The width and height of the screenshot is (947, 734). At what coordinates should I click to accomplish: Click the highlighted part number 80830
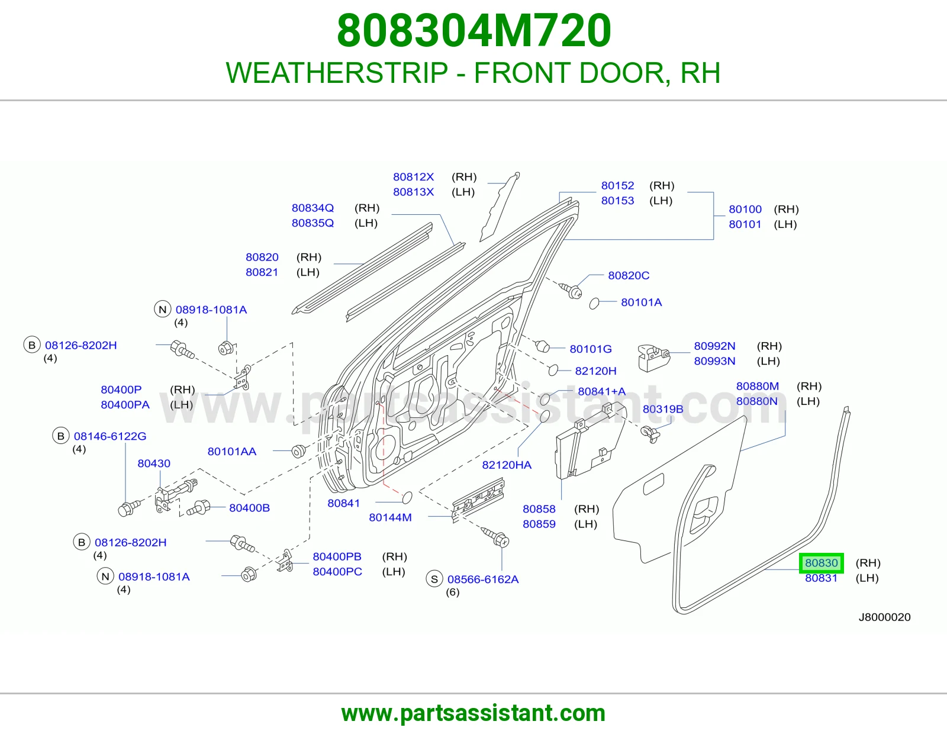(821, 563)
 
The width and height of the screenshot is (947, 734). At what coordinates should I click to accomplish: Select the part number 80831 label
(821, 578)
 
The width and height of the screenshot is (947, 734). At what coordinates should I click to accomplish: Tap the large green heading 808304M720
(474, 31)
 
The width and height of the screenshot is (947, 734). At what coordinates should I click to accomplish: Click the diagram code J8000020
(884, 617)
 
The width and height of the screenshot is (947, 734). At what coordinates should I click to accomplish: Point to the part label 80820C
(629, 275)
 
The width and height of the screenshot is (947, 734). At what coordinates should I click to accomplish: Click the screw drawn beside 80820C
(571, 290)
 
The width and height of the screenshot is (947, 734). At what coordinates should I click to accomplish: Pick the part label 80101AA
(232, 452)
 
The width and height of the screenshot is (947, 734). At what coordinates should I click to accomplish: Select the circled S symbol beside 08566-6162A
(434, 579)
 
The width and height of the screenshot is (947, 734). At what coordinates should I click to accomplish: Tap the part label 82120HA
(507, 465)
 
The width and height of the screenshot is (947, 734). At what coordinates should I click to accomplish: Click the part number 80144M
(390, 517)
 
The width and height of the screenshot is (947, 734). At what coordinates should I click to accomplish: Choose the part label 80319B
(663, 409)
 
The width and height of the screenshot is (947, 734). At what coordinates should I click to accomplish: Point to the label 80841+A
(601, 391)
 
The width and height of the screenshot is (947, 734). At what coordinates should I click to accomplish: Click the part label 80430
(154, 463)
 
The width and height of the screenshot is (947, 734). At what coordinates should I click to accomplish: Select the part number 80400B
(249, 508)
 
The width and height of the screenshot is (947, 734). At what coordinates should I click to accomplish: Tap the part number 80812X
(413, 177)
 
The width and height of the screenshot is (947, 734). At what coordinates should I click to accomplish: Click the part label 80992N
(714, 346)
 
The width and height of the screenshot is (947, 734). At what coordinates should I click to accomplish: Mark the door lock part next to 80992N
(653, 358)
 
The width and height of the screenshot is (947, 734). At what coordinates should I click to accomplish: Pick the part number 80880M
(757, 386)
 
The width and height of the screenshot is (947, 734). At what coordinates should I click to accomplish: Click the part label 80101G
(591, 349)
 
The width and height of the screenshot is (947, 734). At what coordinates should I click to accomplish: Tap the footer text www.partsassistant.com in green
(474, 713)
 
